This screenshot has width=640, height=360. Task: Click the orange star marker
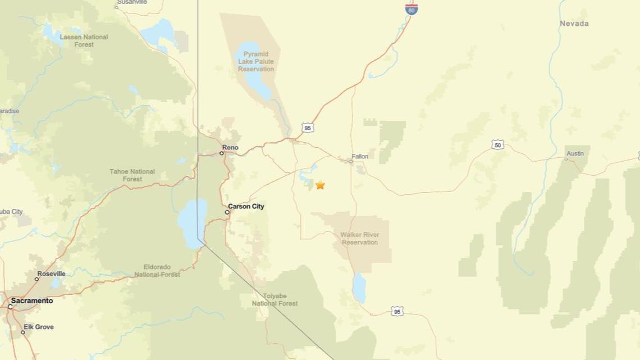tap(320, 185)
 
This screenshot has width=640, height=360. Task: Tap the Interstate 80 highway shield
tap(412, 8)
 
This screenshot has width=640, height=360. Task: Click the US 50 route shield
tap(497, 145)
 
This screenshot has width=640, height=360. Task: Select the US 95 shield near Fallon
tap(307, 128)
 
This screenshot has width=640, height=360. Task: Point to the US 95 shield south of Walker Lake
tap(397, 311)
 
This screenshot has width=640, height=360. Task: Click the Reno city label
tap(230, 148)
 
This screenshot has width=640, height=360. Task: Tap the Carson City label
tap(246, 207)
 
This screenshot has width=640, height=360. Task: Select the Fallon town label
tap(360, 157)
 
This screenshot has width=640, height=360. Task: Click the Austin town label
tap(575, 153)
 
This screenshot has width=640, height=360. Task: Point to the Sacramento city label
tap(32, 301)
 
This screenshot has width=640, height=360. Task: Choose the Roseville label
tap(51, 274)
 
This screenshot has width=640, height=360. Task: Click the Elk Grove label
tap(38, 327)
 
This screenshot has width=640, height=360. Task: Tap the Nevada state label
tap(574, 24)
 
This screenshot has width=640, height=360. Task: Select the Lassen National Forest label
tap(84, 40)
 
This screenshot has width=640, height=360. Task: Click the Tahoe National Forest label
tap(132, 175)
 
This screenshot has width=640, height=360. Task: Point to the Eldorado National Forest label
tap(157, 271)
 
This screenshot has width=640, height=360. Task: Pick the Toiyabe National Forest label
tap(275, 299)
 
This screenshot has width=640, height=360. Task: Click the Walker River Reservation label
tap(360, 239)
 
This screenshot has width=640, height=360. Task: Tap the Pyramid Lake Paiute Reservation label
tap(256, 61)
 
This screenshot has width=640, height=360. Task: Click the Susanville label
tap(132, 2)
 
